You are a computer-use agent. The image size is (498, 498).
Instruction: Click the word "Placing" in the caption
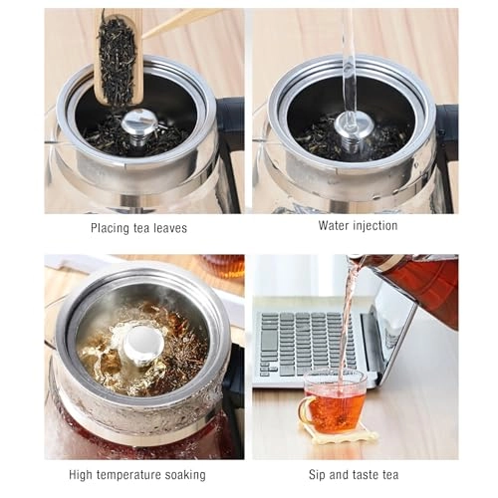(110, 228)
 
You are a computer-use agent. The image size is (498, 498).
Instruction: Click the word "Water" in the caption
(334, 226)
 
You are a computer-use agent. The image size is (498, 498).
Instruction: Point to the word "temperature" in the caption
(128, 475)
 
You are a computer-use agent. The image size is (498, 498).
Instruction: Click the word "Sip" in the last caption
(318, 475)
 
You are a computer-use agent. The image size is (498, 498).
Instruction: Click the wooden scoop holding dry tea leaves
(119, 57)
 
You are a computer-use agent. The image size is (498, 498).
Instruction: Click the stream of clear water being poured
(349, 67)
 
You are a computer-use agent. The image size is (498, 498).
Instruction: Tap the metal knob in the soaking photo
(143, 346)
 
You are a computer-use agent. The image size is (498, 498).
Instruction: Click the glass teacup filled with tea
(334, 402)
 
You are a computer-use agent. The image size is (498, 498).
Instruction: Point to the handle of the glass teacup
(305, 409)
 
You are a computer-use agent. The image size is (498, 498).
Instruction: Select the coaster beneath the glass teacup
(339, 433)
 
